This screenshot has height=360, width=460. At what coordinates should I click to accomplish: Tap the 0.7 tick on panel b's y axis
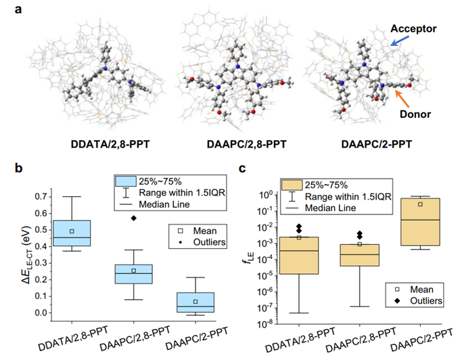click(x=40, y=197)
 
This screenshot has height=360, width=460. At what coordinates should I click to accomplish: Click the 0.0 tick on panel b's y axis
click(x=40, y=313)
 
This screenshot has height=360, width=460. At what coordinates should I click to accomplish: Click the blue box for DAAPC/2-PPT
click(x=195, y=302)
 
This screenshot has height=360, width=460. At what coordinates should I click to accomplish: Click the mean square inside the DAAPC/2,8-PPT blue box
click(x=134, y=271)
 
